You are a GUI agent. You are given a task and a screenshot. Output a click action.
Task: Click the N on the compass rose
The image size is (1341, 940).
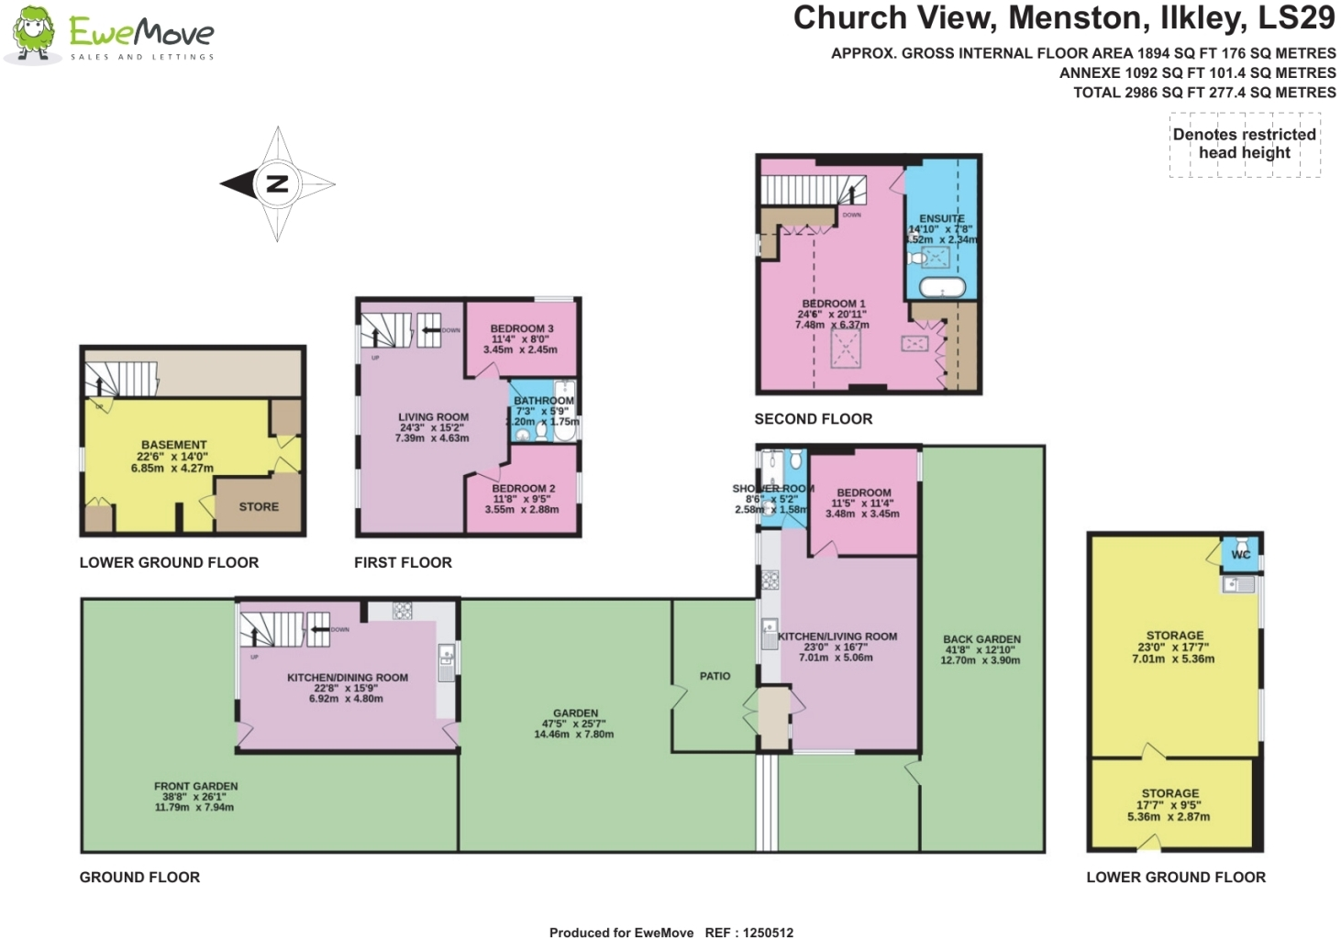[x=276, y=183]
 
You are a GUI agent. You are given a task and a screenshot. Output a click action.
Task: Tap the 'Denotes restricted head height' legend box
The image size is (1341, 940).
[x=1245, y=144]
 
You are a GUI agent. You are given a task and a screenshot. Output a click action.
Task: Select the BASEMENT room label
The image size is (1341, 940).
[x=173, y=445]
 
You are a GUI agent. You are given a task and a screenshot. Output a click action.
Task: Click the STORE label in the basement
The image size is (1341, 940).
[x=259, y=507]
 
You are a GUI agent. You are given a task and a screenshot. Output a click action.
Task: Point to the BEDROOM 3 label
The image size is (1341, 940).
[x=521, y=328]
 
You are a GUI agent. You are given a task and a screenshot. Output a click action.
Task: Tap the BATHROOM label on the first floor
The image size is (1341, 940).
[x=543, y=401]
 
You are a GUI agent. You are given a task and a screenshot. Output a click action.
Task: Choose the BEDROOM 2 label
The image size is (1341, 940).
[x=523, y=489]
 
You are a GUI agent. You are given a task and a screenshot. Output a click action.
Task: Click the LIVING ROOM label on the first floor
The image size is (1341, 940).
[x=433, y=417]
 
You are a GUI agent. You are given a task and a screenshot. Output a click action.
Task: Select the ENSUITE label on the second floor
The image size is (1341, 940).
[x=942, y=219]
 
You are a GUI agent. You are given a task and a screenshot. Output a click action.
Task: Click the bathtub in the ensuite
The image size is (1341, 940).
[x=942, y=287]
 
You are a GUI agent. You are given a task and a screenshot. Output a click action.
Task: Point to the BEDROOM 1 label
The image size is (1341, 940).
[x=833, y=304]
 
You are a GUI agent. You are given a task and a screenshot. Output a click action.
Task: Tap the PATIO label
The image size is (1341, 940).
[x=715, y=676]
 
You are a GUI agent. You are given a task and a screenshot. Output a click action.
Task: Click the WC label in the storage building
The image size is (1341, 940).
[x=1241, y=555]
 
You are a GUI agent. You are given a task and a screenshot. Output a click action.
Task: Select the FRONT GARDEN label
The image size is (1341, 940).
[x=195, y=787]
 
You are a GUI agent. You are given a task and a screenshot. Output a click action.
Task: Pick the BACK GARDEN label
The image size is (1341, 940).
[x=981, y=639]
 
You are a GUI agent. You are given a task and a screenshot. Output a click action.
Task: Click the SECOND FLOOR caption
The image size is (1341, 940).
[x=813, y=419]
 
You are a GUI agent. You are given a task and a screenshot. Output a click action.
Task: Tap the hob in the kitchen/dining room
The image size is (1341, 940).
[x=402, y=611]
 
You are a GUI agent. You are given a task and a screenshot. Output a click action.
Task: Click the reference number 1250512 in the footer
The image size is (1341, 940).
[x=768, y=933]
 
